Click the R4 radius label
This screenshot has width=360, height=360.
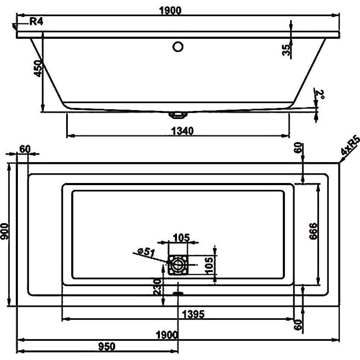click(36, 21)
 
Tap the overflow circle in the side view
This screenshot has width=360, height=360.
click(178, 46)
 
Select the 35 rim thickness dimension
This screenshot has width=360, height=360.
click(286, 50)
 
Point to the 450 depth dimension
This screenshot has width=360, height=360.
click(38, 68)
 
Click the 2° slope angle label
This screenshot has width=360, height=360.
click(320, 94)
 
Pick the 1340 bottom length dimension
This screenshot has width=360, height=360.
click(183, 131)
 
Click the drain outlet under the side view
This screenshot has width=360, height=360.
click(178, 115)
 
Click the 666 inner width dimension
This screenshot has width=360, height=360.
click(313, 231)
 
